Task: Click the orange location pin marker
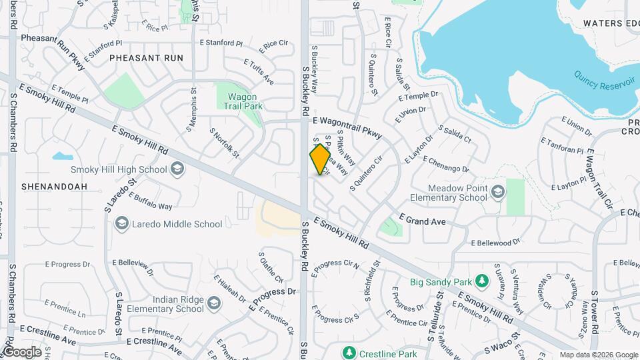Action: coord(321,159)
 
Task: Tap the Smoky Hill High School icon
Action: coord(177,169)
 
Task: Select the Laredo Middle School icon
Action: coord(121,224)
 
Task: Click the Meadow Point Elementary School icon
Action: coord(497,193)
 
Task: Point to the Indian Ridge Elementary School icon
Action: coord(213,304)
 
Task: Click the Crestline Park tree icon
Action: coord(347,352)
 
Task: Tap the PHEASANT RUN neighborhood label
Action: coord(146,58)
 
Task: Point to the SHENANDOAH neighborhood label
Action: coord(54,187)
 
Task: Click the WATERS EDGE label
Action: coord(611,23)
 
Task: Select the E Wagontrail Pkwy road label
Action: coord(347,127)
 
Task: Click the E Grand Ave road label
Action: coord(421,219)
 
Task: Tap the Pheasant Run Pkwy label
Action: coord(53,51)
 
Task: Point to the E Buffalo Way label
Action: coord(150,202)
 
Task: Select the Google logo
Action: coord(22,351)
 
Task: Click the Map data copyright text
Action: coord(597,355)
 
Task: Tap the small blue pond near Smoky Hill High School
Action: coord(62,157)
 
